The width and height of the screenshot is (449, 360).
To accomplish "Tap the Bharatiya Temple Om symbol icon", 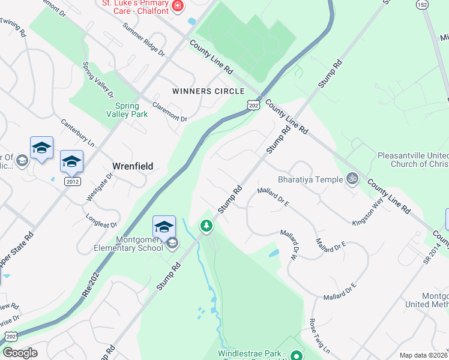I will (x=352, y=178).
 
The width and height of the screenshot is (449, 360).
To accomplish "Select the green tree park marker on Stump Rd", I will (x=206, y=226).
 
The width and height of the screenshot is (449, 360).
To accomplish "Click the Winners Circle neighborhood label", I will (x=208, y=91).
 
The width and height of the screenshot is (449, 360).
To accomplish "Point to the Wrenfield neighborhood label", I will (x=133, y=166).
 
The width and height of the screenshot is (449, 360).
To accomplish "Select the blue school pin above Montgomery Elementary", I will (x=164, y=227).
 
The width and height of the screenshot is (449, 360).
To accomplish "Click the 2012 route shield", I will (x=73, y=181).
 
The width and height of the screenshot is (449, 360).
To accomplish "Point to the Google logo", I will (x=20, y=353).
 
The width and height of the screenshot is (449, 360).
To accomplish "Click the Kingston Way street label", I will (x=367, y=212).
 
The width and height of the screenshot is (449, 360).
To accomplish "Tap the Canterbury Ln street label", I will (x=78, y=133).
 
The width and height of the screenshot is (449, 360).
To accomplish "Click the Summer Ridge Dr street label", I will (x=143, y=40).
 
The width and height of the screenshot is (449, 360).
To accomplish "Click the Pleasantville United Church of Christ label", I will (x=413, y=159).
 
